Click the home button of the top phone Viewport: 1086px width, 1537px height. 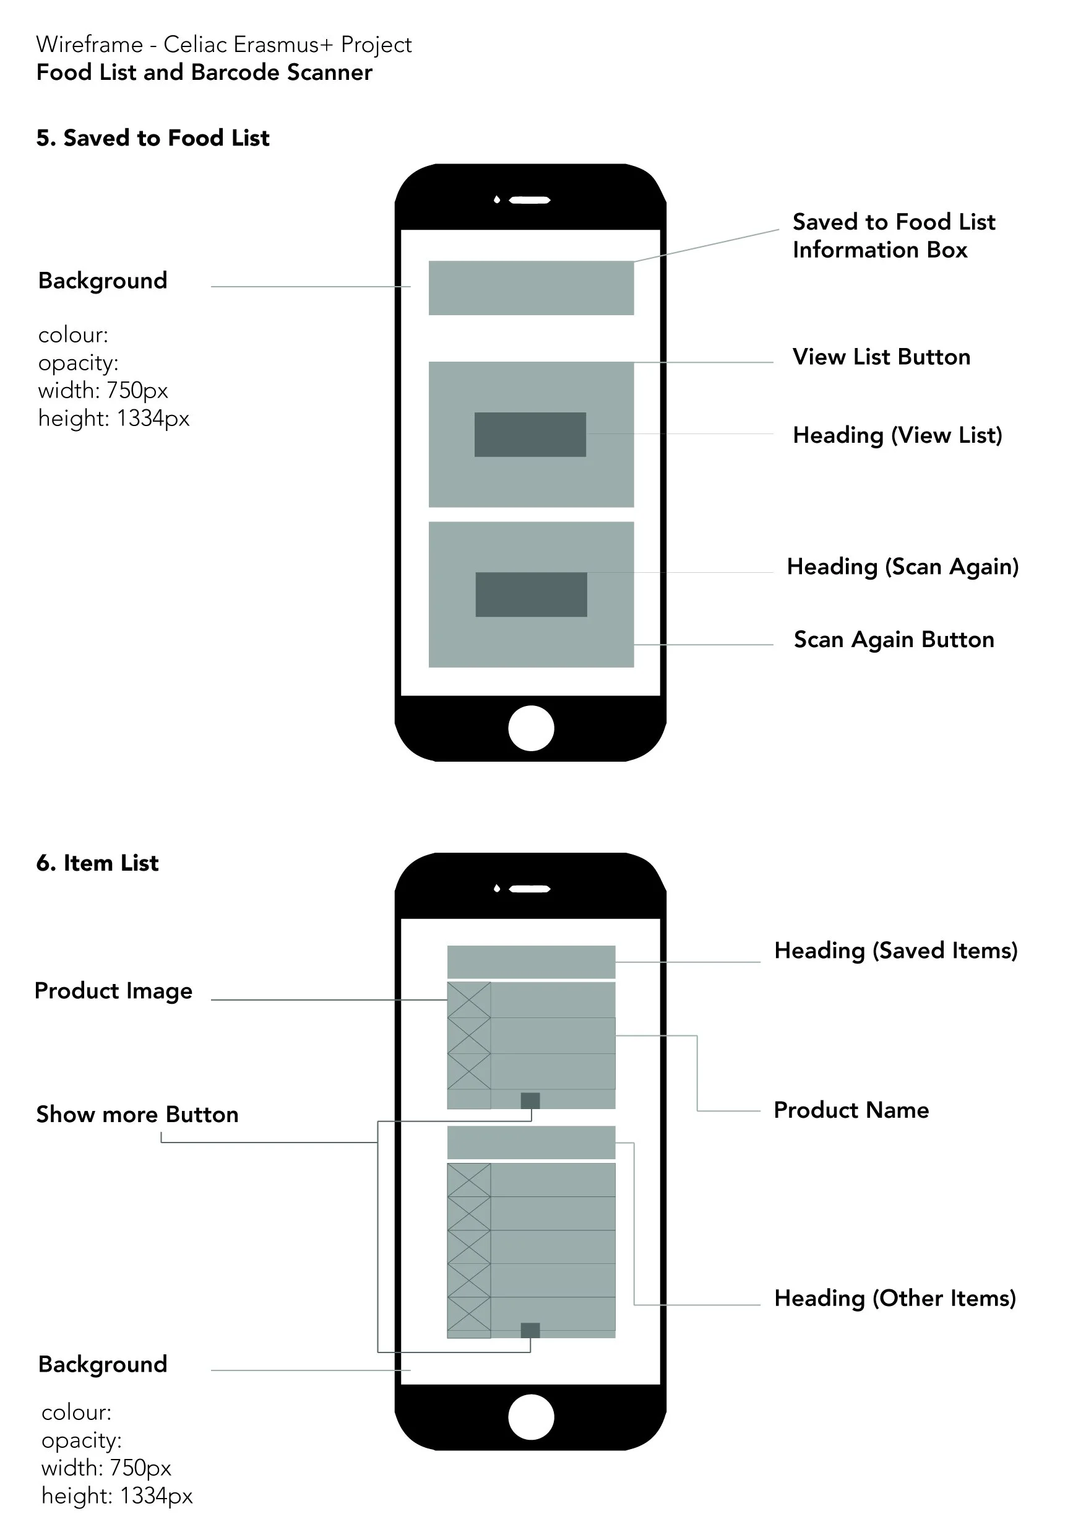pos(530,728)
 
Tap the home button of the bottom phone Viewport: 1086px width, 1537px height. pos(530,1416)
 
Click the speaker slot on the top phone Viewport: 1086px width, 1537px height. pos(529,200)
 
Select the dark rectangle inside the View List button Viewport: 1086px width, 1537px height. pos(530,435)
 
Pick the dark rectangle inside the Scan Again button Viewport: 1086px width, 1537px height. pos(530,594)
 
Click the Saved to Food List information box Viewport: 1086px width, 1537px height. pos(530,288)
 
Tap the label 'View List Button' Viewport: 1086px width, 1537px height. pos(881,357)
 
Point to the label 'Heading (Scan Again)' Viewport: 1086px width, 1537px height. pos(902,567)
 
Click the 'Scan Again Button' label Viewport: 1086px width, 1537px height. pos(894,639)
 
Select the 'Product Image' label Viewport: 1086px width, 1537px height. pos(113,991)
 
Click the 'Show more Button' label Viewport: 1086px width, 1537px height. pos(137,1115)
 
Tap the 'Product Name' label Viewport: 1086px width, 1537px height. pos(850,1110)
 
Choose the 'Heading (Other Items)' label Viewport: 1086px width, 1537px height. pos(895,1299)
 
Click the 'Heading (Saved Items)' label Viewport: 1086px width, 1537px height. pos(895,951)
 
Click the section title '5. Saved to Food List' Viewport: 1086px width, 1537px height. pos(153,138)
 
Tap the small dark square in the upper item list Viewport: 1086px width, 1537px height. pos(530,1100)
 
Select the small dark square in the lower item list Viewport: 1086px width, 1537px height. pos(530,1330)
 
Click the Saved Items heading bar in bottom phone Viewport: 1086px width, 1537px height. pos(530,962)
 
